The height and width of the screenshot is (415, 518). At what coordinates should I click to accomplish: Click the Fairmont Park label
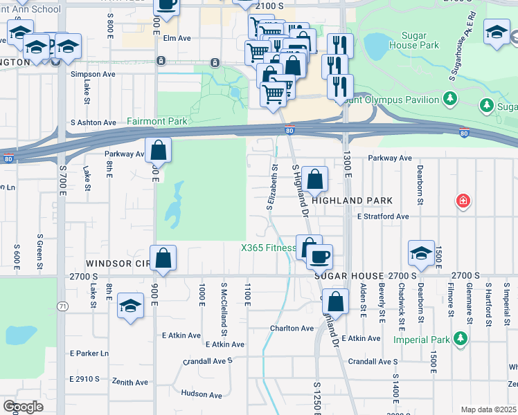coord(157,121)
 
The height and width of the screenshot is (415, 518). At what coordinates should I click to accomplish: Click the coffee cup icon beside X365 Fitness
coord(319,257)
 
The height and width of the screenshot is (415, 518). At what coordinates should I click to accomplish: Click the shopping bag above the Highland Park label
coord(314,179)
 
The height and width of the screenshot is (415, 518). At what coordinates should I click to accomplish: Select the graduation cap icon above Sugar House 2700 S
coord(420,253)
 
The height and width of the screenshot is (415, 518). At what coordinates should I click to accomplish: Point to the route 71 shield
coord(63,306)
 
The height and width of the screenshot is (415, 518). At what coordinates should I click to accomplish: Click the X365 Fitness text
coord(268,248)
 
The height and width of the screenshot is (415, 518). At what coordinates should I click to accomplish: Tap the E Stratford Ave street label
coord(383,216)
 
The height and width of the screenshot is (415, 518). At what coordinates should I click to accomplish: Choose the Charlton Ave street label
coord(292,329)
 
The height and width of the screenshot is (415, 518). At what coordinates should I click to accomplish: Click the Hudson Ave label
coord(201,395)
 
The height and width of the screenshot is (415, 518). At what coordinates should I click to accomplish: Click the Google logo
coord(23,407)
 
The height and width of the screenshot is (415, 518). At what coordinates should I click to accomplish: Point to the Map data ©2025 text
coord(488,409)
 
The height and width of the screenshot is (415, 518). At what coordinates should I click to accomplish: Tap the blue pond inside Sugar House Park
coord(377,46)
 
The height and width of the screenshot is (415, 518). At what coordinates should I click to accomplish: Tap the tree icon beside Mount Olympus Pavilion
coord(451,100)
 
